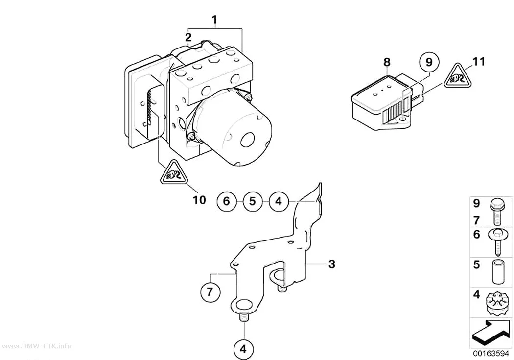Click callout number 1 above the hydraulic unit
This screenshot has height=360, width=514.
pyautogui.click(x=214, y=20)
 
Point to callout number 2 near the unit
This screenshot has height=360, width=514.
pyautogui.click(x=188, y=36)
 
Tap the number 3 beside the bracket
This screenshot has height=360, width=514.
pyautogui.click(x=332, y=264)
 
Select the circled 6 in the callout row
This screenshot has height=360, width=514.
pyautogui.click(x=227, y=201)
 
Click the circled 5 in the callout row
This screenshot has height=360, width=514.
pyautogui.click(x=253, y=201)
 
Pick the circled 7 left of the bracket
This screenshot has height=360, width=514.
pyautogui.click(x=210, y=291)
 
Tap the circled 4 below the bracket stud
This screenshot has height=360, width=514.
pyautogui.click(x=243, y=350)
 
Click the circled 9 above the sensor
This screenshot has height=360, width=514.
pyautogui.click(x=429, y=62)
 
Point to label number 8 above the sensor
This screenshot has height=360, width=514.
pyautogui.click(x=387, y=62)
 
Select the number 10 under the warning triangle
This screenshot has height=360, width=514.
pyautogui.click(x=199, y=200)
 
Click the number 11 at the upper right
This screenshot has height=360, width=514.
pyautogui.click(x=478, y=62)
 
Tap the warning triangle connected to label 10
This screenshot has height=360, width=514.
pyautogui.click(x=174, y=173)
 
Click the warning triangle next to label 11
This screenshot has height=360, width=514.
pyautogui.click(x=458, y=77)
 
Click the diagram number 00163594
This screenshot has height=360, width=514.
pyautogui.click(x=491, y=354)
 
